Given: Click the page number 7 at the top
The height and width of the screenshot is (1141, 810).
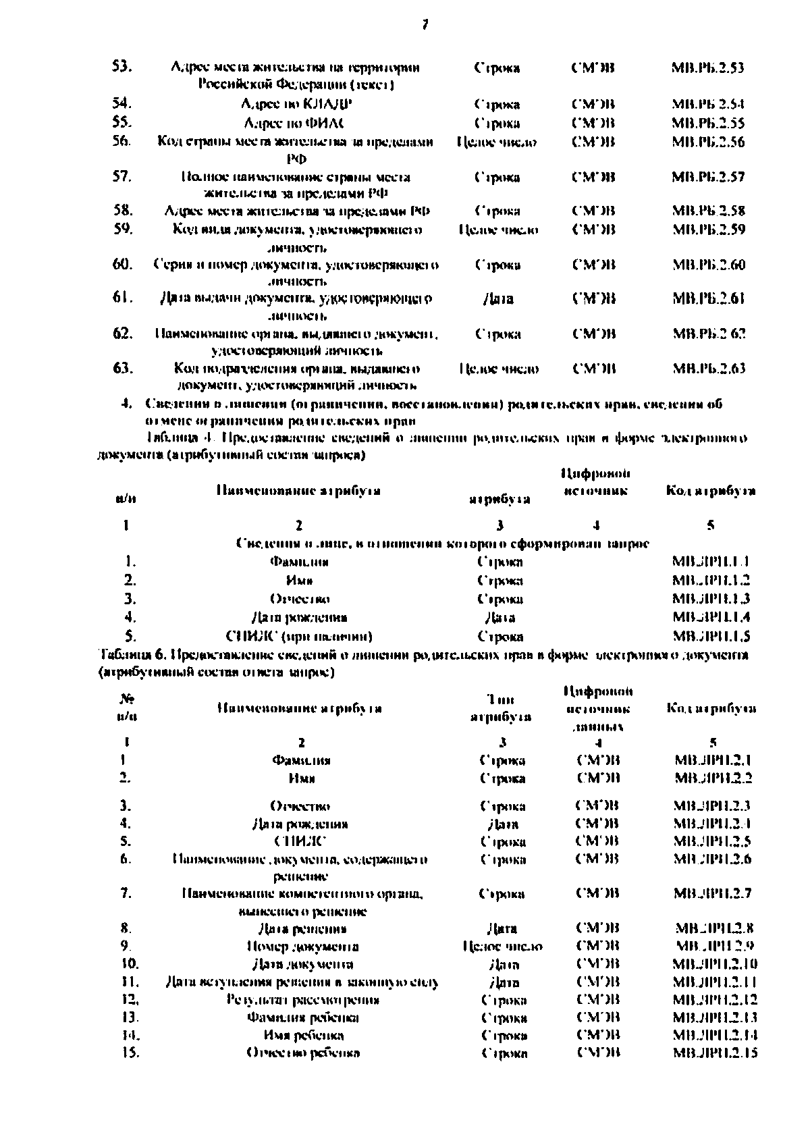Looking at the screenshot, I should tap(425, 24).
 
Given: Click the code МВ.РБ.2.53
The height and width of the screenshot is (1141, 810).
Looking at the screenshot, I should tap(708, 68).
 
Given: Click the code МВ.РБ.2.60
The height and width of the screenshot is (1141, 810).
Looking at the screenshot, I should tap(708, 265).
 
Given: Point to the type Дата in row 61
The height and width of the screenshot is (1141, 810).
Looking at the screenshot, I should tap(498, 299).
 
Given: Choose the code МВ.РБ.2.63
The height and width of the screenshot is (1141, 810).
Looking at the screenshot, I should tap(708, 369).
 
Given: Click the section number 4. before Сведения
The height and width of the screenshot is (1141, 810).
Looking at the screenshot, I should tap(126, 404).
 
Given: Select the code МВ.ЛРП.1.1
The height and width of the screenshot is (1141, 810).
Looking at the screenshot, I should tap(711, 561).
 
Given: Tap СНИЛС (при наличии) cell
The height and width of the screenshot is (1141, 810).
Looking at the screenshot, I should tap(299, 636).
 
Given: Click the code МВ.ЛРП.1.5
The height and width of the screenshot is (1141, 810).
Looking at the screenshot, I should tap(711, 636).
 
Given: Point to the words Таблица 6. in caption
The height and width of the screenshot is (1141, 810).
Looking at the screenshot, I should tap(131, 655).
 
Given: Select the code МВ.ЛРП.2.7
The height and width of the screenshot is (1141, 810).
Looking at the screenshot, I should tap(713, 893).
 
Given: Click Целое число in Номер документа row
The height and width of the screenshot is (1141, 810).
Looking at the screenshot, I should tap(503, 947).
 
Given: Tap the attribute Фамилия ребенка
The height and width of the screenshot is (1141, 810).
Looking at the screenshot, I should tap(303, 1017).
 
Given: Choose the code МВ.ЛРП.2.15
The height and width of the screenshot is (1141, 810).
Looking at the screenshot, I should tap(715, 1053).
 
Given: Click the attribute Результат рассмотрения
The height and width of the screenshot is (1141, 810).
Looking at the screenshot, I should tap(303, 1000).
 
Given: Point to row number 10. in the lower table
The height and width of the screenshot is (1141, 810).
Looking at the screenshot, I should tap(128, 963).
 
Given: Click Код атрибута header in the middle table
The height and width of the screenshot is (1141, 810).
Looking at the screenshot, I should tap(710, 491).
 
